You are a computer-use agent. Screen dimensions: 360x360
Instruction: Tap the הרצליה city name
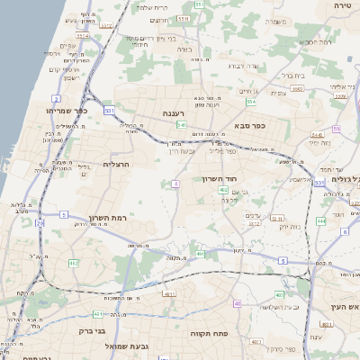(118, 165)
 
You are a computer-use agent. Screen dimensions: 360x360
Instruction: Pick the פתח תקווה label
(208, 333)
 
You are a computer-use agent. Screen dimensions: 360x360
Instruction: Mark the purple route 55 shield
(337, 130)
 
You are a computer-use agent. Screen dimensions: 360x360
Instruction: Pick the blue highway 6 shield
(344, 231)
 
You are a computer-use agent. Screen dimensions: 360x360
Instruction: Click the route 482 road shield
(74, 263)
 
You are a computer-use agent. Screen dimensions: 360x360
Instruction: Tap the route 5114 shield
(82, 36)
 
